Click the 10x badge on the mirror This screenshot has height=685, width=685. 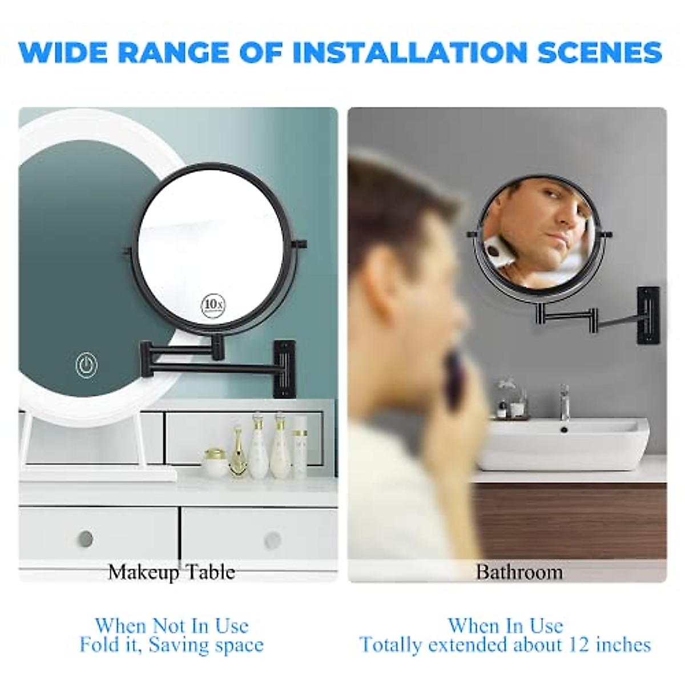click(212, 305)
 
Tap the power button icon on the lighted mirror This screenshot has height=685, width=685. click(87, 365)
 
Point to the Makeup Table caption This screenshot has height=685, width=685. click(171, 571)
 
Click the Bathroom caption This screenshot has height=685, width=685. click(519, 571)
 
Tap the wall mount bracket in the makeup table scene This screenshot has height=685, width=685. click(284, 368)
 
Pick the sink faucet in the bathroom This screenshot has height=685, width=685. click(564, 402)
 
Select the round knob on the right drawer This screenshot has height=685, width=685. click(272, 539)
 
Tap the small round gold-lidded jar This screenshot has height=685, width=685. click(214, 463)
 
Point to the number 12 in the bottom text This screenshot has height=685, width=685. click(579, 645)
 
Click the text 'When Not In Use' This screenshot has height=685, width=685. click(171, 626)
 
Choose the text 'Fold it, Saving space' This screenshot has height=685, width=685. click(171, 645)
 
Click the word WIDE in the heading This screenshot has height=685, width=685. click(63, 53)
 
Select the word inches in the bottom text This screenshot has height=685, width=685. click(623, 645)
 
